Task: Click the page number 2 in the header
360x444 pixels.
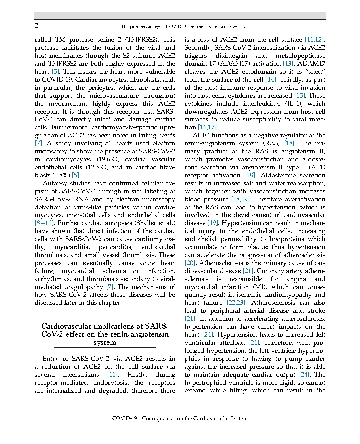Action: pyautogui.click(x=37, y=26)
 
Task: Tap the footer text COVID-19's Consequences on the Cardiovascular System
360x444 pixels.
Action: pyautogui.click(x=180, y=418)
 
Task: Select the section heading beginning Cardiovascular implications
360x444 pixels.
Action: pyautogui.click(x=105, y=334)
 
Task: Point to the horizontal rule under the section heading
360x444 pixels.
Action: pyautogui.click(x=105, y=348)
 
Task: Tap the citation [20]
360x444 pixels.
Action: pyautogui.click(x=190, y=263)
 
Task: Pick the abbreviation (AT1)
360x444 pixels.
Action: pyautogui.click(x=317, y=167)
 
